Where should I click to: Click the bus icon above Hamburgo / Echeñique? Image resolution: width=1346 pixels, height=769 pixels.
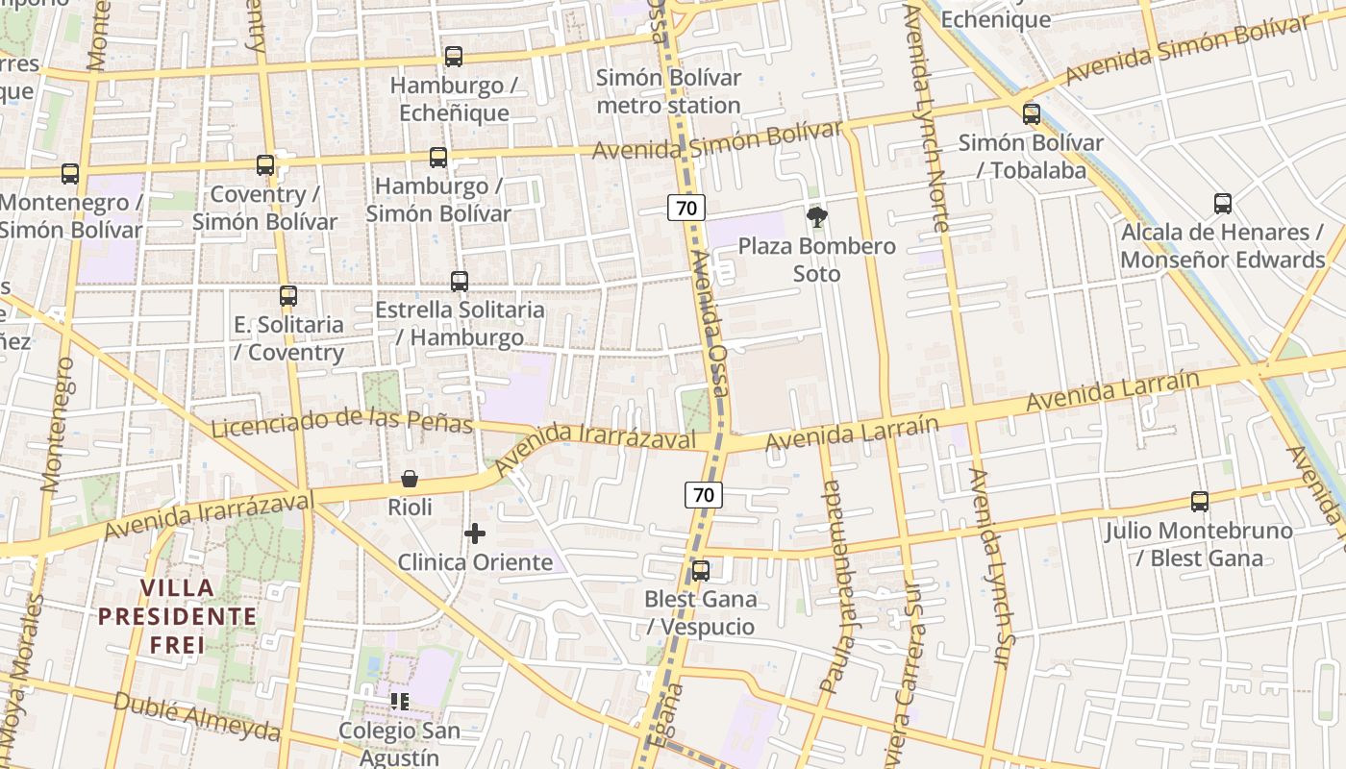pyautogui.click(x=454, y=57)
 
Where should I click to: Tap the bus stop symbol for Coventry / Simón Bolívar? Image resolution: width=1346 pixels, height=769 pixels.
pyautogui.click(x=265, y=165)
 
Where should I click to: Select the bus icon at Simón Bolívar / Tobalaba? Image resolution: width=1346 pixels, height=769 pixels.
pyautogui.click(x=1032, y=114)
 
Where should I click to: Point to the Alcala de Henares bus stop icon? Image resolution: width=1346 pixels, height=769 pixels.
pyautogui.click(x=1222, y=204)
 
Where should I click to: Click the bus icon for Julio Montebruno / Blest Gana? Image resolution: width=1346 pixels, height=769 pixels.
pyautogui.click(x=1199, y=502)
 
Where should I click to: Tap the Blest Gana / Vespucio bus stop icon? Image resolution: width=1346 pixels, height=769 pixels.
pyautogui.click(x=701, y=571)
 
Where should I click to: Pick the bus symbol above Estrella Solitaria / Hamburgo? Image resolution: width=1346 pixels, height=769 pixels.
pyautogui.click(x=460, y=282)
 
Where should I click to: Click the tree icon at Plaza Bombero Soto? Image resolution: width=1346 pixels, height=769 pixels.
pyautogui.click(x=817, y=217)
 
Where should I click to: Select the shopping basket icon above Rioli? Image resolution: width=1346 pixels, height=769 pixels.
pyautogui.click(x=410, y=479)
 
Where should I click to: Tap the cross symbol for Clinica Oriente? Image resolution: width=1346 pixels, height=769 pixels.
pyautogui.click(x=475, y=533)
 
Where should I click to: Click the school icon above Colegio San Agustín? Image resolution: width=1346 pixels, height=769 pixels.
pyautogui.click(x=400, y=702)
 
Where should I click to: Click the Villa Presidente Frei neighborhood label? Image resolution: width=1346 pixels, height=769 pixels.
pyautogui.click(x=178, y=616)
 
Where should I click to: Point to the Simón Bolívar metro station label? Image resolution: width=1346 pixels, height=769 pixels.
pyautogui.click(x=669, y=91)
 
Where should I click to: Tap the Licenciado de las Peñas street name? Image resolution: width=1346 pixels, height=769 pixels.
pyautogui.click(x=341, y=421)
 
